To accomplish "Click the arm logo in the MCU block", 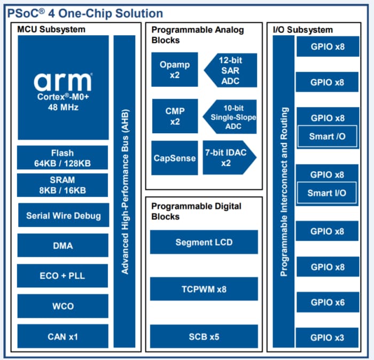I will [63, 82].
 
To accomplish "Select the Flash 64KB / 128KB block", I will [63, 158].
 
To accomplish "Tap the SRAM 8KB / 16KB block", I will [63, 185].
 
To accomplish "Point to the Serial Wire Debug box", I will [63, 216].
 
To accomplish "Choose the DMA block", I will [63, 246].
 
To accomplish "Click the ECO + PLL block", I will [63, 276].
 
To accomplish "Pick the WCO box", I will [63, 306].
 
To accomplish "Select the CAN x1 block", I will [63, 336].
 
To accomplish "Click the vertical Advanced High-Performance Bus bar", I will [124, 192].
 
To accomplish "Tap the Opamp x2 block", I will [175, 70].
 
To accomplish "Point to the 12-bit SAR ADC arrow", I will [230, 70].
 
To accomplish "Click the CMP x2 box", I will [175, 116].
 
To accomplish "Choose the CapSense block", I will [175, 158].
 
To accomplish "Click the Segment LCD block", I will [204, 242].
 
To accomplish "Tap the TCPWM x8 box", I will [204, 289].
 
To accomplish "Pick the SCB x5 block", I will [204, 336].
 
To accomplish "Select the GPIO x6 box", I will [328, 302].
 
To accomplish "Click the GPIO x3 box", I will [328, 338].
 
